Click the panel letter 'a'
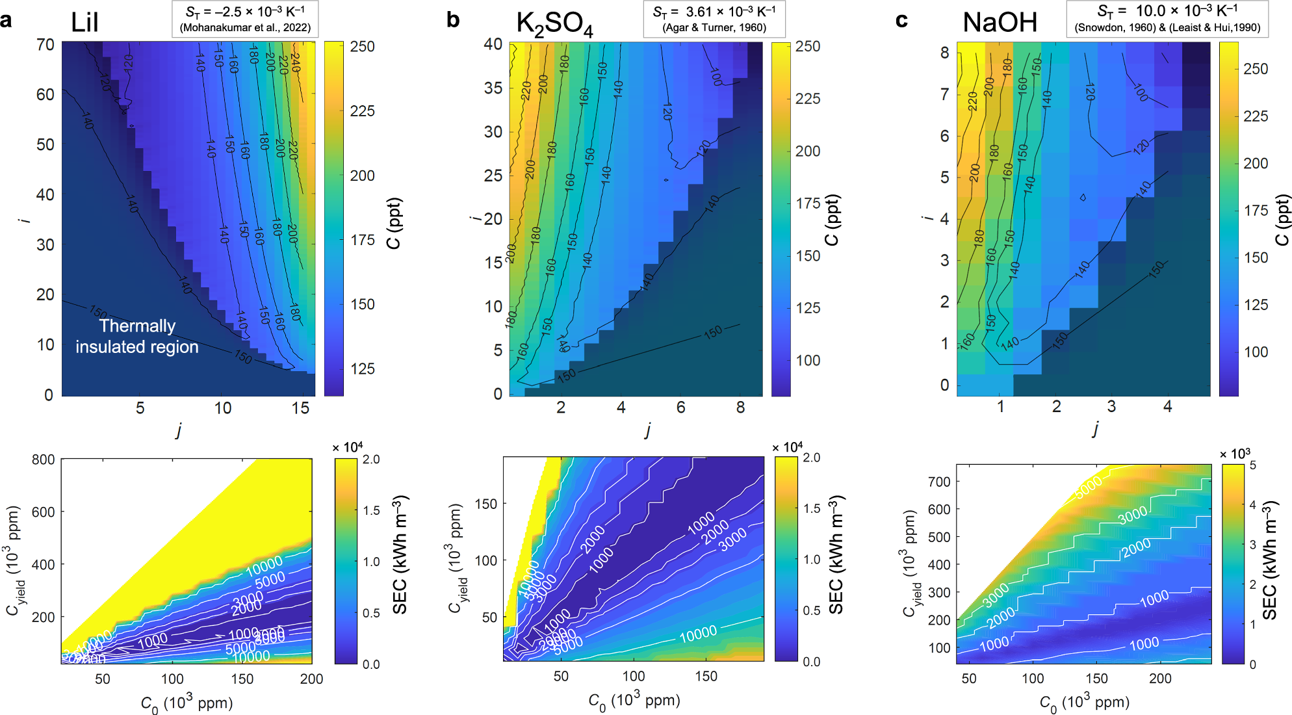pos(6,20)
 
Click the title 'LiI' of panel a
pos(84,23)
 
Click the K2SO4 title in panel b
pos(554,24)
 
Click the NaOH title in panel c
pos(1000,23)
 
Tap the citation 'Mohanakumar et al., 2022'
pos(246,28)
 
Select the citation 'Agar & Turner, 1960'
pos(714,27)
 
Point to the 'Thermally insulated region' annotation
pos(137,336)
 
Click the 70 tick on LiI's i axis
pos(45,45)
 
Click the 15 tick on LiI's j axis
pos(300,408)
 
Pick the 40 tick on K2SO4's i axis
pos(493,44)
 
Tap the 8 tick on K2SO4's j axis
pos(740,408)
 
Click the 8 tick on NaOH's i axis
pos(944,53)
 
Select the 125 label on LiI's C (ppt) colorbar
pos(362,369)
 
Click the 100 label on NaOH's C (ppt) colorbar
pos(1256,352)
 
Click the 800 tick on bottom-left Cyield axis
pos(43,460)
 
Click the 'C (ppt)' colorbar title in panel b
pos(832,220)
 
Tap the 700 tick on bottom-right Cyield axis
pos(939,482)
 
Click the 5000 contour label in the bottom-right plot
pos(1088,487)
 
